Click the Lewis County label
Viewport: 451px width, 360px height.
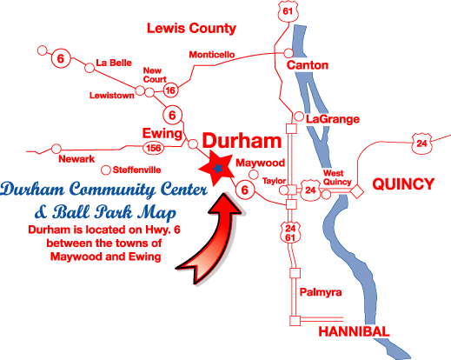click(191, 29)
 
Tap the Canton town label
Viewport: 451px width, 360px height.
click(308, 65)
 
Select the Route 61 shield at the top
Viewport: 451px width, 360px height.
click(288, 11)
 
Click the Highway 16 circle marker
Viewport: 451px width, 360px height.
click(170, 90)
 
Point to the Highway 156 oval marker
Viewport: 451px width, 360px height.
click(153, 148)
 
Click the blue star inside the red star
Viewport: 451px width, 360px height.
click(218, 168)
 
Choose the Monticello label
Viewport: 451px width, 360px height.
click(212, 55)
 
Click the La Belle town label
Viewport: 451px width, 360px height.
click(114, 63)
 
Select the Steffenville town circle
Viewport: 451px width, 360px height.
click(106, 170)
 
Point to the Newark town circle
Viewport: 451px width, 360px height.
click(56, 149)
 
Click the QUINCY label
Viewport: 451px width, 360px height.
click(403, 183)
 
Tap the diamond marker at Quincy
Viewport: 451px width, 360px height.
click(357, 191)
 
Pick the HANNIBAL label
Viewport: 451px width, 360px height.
click(354, 331)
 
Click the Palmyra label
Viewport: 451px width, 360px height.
click(321, 292)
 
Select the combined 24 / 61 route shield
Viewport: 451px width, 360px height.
click(290, 233)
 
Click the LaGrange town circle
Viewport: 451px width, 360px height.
click(299, 117)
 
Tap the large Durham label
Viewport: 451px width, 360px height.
click(242, 141)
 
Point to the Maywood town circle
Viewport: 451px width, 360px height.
click(254, 175)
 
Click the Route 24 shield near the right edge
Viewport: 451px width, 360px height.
click(421, 143)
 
